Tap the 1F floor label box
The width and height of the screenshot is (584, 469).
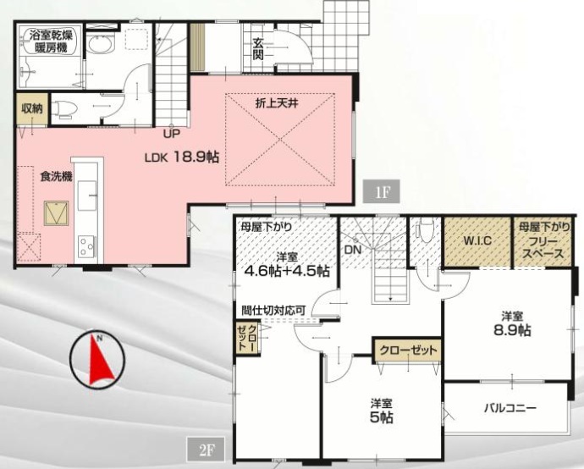point(381,192)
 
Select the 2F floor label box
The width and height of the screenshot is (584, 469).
point(206,450)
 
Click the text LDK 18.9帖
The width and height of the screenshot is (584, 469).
point(181,157)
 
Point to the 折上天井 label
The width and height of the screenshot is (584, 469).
point(277,103)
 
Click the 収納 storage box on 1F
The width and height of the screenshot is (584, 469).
point(32,108)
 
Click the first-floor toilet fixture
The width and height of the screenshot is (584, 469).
point(63,108)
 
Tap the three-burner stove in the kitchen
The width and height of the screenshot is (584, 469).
point(86,246)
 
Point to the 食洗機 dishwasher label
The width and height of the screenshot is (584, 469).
point(56,176)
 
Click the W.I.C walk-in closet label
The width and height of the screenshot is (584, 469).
point(477,240)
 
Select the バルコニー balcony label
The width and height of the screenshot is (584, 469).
point(510,408)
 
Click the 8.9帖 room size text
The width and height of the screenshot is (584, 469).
point(512,330)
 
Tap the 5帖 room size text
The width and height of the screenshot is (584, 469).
point(382,417)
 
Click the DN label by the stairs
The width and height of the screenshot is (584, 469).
point(353,250)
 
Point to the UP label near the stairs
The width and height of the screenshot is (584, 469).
point(171,134)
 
